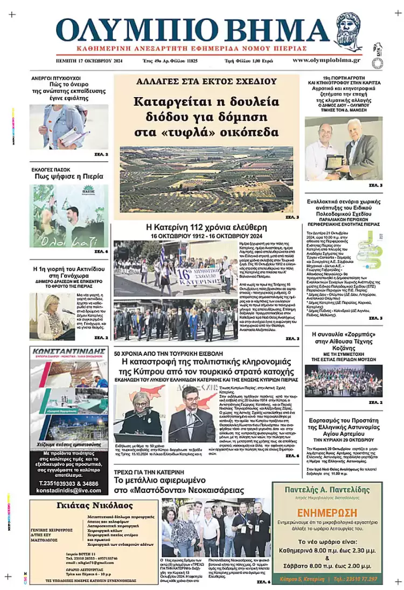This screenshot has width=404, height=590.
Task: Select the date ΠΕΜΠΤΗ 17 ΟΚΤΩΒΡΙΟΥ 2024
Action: click(89, 61)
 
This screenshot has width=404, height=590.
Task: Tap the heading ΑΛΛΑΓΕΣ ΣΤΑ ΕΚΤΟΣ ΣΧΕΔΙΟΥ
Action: click(206, 82)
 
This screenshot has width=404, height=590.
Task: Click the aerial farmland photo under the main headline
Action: click(206, 179)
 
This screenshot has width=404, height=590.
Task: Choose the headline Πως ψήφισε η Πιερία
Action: click(67, 177)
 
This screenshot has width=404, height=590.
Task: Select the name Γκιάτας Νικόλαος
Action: click(92, 505)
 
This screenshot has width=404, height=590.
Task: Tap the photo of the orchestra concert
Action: click(343, 380)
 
